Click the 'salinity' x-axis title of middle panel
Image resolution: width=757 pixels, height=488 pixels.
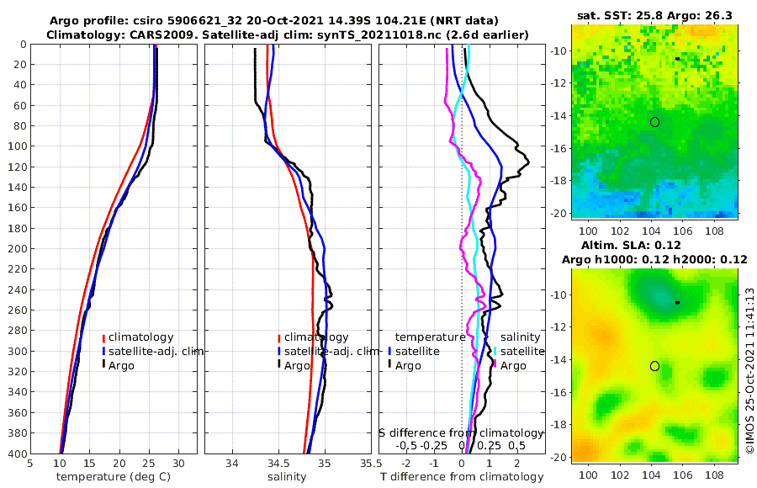coord(286,477)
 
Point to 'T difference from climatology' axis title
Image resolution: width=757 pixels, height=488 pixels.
coord(462,477)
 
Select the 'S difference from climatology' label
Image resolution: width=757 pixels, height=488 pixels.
coord(462,432)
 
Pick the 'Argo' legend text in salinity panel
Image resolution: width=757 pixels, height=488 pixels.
coord(298,365)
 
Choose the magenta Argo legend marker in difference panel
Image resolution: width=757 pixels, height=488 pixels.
coord(495,365)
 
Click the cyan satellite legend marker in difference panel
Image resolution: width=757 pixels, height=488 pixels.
coord(495,351)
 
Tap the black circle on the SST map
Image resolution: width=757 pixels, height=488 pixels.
coord(654,122)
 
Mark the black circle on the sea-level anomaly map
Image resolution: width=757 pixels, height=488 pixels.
coord(654,366)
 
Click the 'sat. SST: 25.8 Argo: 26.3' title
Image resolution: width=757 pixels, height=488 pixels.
coord(655,16)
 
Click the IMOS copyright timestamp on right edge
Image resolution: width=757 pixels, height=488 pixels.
coord(749,370)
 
